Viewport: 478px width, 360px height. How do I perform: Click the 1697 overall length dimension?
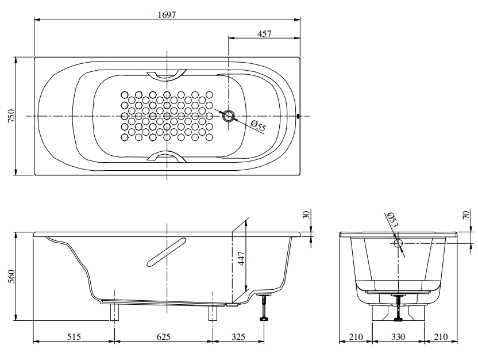[167, 15]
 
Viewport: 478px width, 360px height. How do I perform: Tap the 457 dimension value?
[264, 34]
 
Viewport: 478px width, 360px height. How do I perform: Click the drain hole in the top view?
[229, 117]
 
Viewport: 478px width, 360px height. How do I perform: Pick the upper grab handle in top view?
[167, 74]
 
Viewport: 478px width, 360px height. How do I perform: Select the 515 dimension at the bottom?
[73, 336]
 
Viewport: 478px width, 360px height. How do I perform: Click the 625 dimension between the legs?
[163, 336]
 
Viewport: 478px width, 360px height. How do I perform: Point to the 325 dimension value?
[238, 336]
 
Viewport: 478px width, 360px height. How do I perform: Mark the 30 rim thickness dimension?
[306, 215]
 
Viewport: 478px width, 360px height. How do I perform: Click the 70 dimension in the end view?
[466, 216]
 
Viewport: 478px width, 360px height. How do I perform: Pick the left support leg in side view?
[115, 312]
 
